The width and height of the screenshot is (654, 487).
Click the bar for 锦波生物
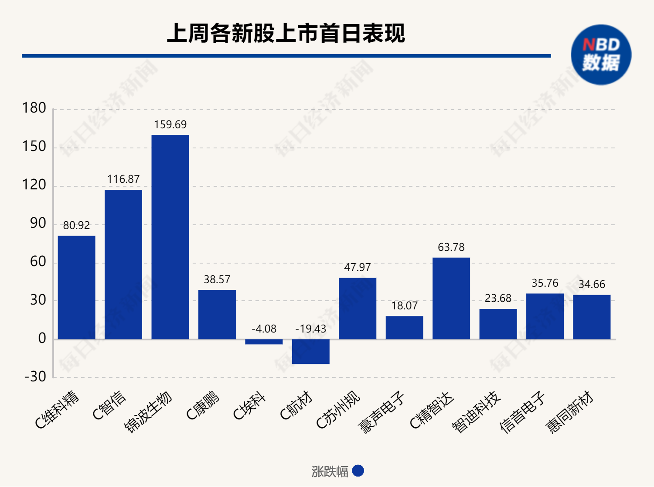pos(170,237)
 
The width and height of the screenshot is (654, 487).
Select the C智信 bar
pos(123,264)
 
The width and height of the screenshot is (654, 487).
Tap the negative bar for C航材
pos(310,351)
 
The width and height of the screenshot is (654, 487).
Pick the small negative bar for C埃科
pos(264,342)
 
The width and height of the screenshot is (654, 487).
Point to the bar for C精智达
pos(451,298)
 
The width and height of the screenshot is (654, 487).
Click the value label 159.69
pos(170,125)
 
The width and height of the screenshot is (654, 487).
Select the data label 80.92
pos(76,226)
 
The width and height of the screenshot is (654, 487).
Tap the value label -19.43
pos(310,329)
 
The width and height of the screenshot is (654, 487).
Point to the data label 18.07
pos(404,306)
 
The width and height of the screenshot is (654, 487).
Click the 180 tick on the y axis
pos(34,108)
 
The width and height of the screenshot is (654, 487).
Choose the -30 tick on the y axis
pos(35,377)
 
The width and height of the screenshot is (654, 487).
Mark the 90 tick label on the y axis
pos(38,223)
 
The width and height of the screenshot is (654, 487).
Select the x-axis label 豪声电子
pos(381,413)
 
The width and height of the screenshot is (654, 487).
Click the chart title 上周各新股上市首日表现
pos(286,33)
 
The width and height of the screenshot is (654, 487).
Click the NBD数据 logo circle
pos(601,55)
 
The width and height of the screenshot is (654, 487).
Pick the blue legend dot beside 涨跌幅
pos(358,471)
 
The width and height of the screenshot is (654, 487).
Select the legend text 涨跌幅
pos(330,471)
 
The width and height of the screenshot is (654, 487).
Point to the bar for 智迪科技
pos(498,324)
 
